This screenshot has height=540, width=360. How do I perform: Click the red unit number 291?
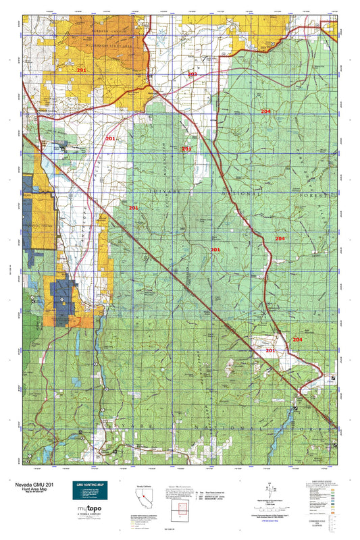(x=81, y=70)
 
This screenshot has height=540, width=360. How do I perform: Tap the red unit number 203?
(x=192, y=74)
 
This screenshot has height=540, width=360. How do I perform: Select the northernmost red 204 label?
(x=265, y=111)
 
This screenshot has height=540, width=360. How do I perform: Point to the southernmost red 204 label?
(x=297, y=340)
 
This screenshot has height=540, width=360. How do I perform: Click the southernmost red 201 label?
(x=270, y=352)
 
